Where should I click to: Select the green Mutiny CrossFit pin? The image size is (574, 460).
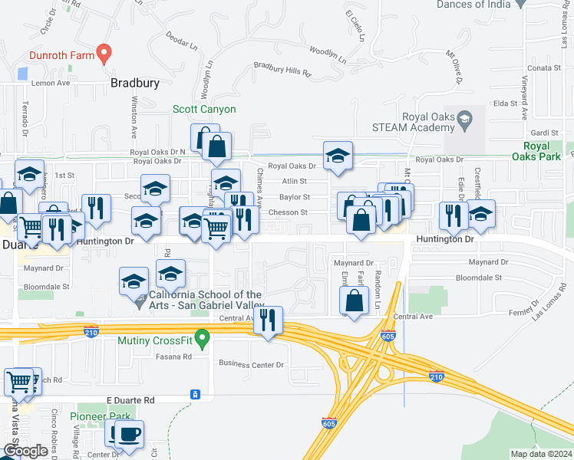point(203,337)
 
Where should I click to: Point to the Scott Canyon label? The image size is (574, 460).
point(203,110)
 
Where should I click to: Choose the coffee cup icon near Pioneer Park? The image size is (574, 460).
point(129,433)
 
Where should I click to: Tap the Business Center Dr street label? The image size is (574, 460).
point(252,363)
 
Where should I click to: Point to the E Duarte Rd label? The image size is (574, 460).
point(130,400)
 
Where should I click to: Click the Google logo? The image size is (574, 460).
point(25,451)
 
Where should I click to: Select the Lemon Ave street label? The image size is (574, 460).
point(51,83)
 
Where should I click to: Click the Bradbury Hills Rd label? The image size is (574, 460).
point(282,70)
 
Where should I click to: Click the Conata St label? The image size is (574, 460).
point(539,67)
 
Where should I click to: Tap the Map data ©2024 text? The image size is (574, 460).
point(539,454)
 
